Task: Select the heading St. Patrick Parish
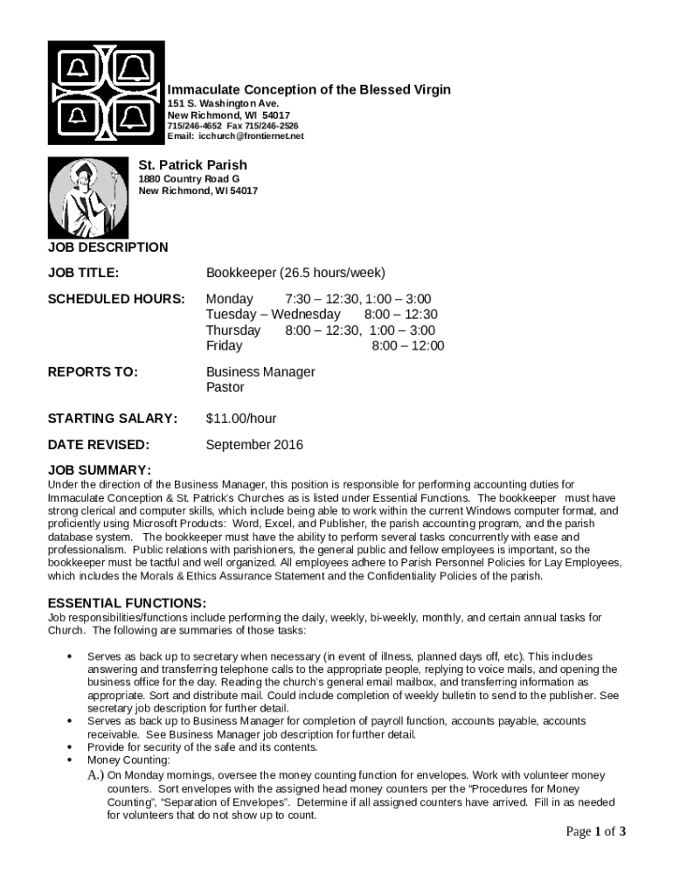pos(193,165)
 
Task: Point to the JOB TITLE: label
pos(83,273)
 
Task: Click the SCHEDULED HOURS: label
pos(116,299)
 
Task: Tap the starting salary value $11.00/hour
pos(241,419)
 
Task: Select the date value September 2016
pos(254,445)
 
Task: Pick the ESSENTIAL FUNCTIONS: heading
pos(127,603)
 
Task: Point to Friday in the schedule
pos(224,346)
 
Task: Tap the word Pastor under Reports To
pos(225,387)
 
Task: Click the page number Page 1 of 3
pos(595,831)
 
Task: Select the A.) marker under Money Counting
pos(95,775)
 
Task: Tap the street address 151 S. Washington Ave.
pos(223,104)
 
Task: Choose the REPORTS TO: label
pos(93,372)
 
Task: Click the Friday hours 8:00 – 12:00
pos(408,346)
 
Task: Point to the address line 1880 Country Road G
pos(190,179)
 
